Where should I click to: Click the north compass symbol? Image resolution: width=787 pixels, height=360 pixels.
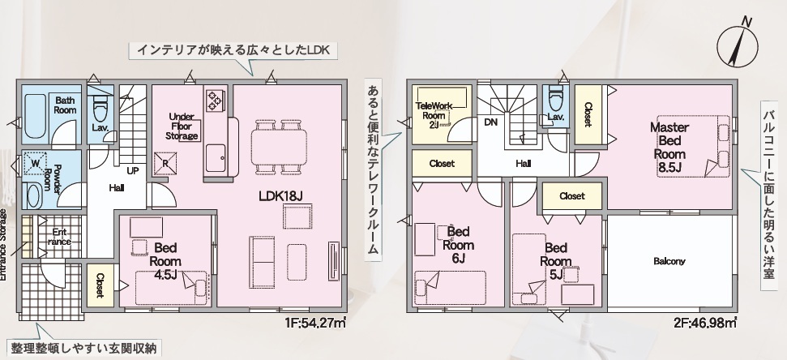(737, 47)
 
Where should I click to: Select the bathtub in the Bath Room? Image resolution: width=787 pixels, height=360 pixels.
(35, 115)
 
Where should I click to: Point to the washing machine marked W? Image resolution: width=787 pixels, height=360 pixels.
(36, 163)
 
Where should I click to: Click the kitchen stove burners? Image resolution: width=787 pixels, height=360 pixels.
(214, 100)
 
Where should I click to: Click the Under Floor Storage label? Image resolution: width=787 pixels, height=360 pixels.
(182, 126)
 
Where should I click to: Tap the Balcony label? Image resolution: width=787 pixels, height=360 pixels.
(669, 261)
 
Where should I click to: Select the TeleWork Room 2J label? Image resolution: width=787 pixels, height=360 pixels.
(434, 115)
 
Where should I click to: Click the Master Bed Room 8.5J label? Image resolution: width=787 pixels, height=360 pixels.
(669, 147)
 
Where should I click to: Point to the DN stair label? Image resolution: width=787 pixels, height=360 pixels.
(490, 122)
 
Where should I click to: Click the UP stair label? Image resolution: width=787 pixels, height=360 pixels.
(132, 171)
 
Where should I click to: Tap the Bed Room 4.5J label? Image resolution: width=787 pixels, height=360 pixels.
(165, 261)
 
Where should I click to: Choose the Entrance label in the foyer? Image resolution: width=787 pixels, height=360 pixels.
(59, 237)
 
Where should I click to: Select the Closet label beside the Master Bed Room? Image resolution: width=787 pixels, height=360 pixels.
(588, 114)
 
